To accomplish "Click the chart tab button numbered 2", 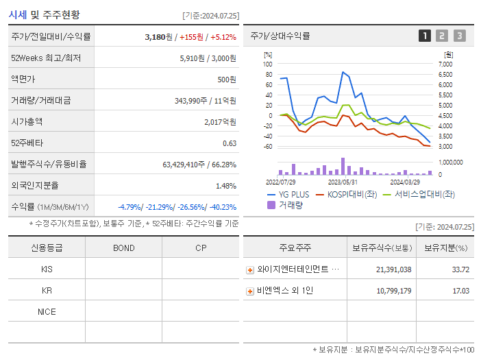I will pyautogui.click(x=442, y=36).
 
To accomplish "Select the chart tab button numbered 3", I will pyautogui.click(x=459, y=36).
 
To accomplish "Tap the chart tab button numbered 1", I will pyautogui.click(x=425, y=36).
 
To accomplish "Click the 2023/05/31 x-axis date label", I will pyautogui.click(x=343, y=182).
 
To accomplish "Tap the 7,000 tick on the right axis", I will pyautogui.click(x=445, y=64).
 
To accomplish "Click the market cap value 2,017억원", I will pyautogui.click(x=220, y=121).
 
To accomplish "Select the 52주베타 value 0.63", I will pyautogui.click(x=230, y=143).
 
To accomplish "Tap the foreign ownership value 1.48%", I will pyautogui.click(x=225, y=185).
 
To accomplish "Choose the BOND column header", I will pyautogui.click(x=123, y=248).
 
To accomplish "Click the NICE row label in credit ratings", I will pyautogui.click(x=47, y=311).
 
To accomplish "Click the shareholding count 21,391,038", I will pyautogui.click(x=393, y=269).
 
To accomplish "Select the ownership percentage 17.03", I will pyautogui.click(x=460, y=291).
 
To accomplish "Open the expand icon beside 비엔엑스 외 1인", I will pyautogui.click(x=250, y=291).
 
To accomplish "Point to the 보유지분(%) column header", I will pyautogui.click(x=445, y=248).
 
